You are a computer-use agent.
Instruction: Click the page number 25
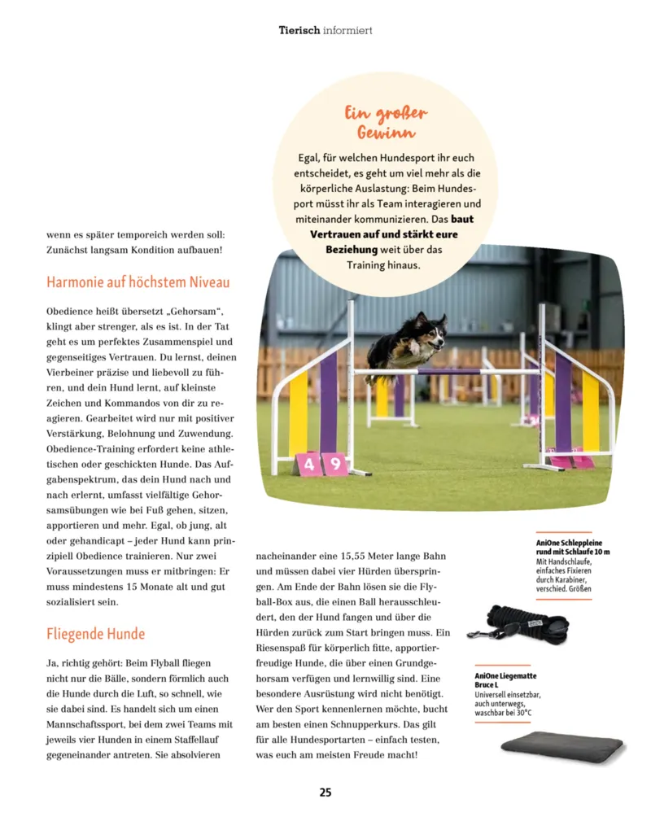coord(325,792)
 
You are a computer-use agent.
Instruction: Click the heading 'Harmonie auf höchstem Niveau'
coord(138,282)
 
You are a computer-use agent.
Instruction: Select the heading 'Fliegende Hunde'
coord(96,633)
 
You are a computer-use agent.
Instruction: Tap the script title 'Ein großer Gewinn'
coord(386,122)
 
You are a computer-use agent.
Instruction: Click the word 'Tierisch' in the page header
coord(299,30)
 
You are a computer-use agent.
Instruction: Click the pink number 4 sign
coord(308,465)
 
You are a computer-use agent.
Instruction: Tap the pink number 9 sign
coord(334,465)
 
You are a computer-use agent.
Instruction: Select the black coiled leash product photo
coord(518,622)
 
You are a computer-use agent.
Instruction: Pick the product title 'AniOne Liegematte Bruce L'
coord(505,680)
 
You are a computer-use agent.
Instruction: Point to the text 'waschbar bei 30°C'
coord(503,713)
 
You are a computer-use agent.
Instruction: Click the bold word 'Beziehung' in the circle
coord(352,249)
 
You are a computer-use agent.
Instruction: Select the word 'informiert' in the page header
coord(347,30)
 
